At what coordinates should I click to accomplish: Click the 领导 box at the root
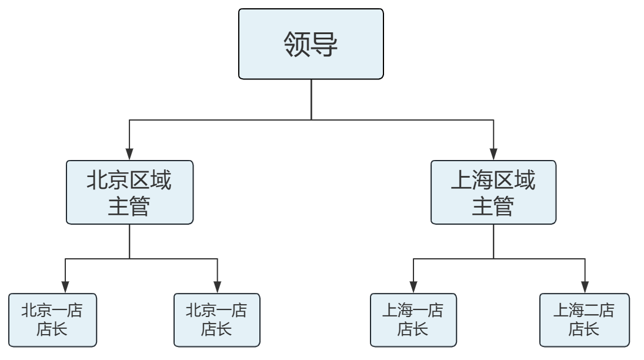[x=311, y=44]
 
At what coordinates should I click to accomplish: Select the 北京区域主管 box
[x=129, y=192]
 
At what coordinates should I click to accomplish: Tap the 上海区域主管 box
[x=493, y=192]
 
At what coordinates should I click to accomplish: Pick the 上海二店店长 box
[x=583, y=320]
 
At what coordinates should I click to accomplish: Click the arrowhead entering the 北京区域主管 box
[x=129, y=154]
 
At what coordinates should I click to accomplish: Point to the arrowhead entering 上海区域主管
[x=493, y=154]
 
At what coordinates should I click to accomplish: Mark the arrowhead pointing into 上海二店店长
[x=583, y=288]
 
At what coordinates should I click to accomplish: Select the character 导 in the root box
[x=325, y=45]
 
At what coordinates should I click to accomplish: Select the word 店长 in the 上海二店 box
[x=583, y=329]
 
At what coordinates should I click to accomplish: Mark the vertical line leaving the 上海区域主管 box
[x=493, y=241]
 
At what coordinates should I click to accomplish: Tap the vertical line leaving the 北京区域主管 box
[x=129, y=241]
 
